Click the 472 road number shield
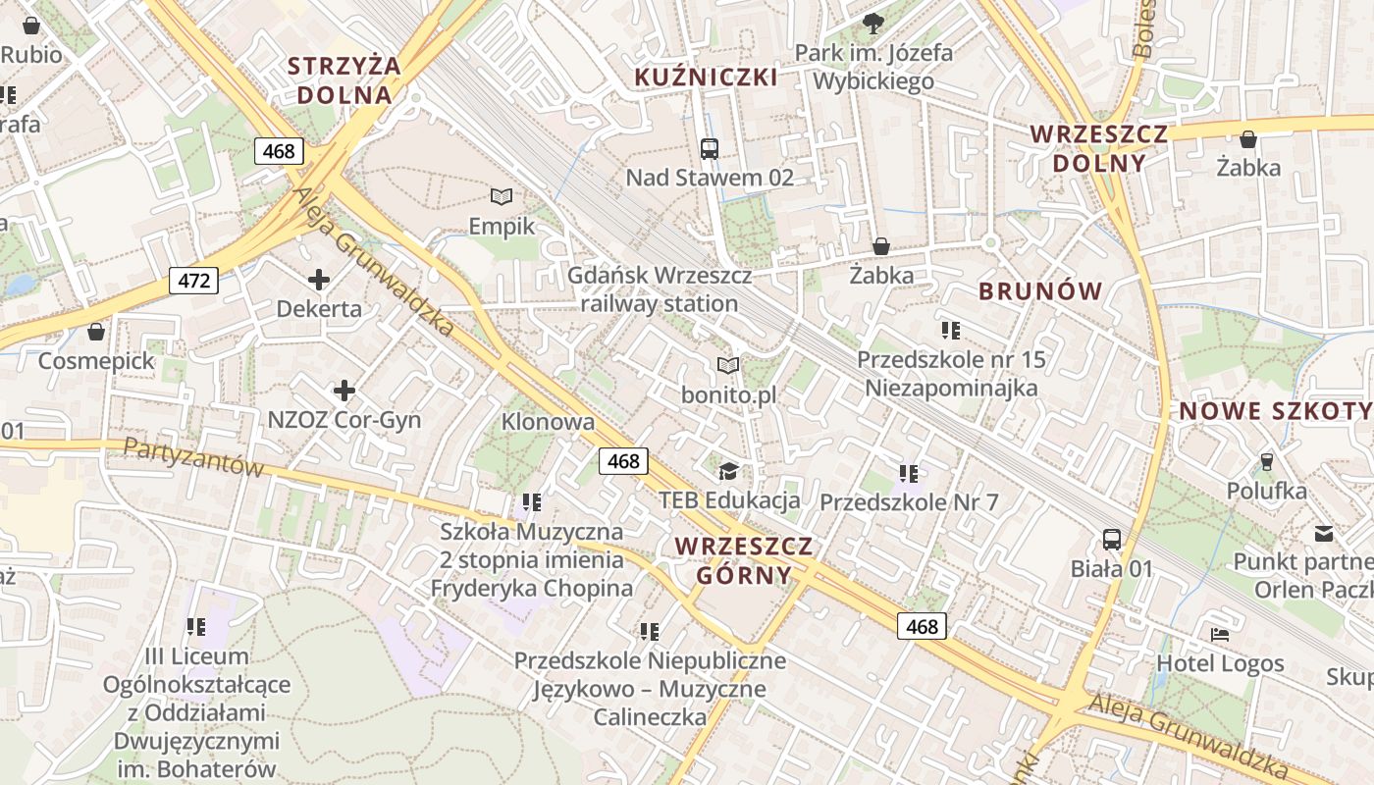pos(194,281)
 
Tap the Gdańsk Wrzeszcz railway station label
pos(660,289)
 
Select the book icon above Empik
pos(502,197)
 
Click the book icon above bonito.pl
pos(727,366)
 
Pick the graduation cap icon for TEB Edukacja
pos(727,472)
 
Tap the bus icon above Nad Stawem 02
pos(710,149)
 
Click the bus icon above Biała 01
pos(1111,539)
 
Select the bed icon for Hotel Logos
pos(1220,635)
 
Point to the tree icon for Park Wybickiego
pos(872,24)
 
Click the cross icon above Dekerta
pos(318,280)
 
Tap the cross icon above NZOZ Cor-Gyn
pos(343,392)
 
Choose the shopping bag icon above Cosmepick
pos(96,332)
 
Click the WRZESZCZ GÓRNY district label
pos(744,560)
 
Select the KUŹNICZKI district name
pos(706,78)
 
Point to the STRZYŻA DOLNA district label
pos(343,80)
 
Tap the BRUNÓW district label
pos(1040,291)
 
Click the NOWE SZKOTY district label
pos(1275,411)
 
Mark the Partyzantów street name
pos(193,457)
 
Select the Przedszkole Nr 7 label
pos(908,502)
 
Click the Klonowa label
pos(548,422)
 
